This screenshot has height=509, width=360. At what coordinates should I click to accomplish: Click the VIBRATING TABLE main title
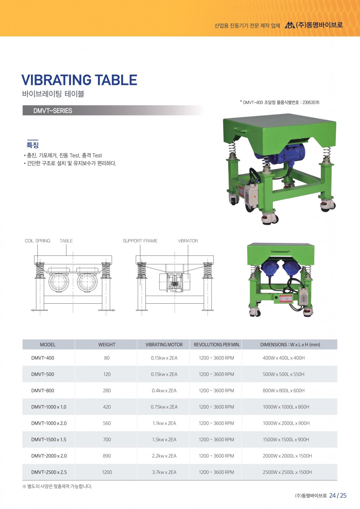79,80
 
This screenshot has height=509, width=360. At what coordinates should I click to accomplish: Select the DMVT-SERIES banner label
53,111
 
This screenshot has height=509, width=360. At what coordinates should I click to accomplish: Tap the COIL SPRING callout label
37,241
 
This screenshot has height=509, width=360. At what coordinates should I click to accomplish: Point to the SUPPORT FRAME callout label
140,241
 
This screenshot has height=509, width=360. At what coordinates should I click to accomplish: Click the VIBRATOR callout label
188,241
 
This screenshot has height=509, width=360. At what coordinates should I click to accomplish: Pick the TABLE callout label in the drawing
66,241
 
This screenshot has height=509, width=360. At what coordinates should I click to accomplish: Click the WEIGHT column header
107,344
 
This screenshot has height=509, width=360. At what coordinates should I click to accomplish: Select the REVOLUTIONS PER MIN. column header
217,344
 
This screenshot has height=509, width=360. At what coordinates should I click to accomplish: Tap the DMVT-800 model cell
43,390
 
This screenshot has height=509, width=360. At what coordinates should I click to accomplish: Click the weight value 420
107,407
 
